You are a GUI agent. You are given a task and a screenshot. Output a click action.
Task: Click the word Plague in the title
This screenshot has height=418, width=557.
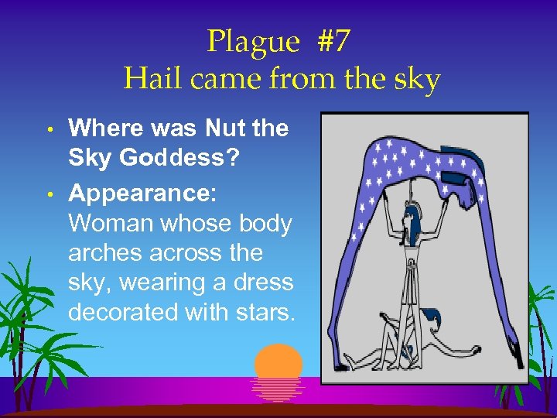(251, 41)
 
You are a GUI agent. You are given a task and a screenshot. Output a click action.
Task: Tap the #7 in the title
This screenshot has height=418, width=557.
(333, 41)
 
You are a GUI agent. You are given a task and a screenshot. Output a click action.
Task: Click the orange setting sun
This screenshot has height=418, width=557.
(278, 364)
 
